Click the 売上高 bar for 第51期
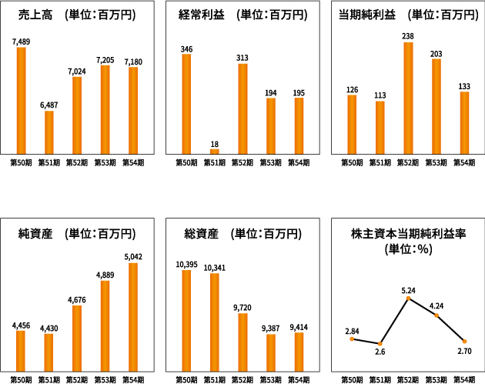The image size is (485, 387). (x=49, y=132)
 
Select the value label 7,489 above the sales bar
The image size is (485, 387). (x=21, y=41)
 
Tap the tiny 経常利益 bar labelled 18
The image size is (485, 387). (x=215, y=152)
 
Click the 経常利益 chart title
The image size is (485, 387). (x=242, y=15)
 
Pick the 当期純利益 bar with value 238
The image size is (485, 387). (x=408, y=98)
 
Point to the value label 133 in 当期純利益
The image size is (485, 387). (x=464, y=85)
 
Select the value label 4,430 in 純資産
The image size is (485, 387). (x=48, y=327)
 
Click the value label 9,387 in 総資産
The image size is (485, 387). (x=271, y=328)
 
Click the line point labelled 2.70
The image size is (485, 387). (x=464, y=341)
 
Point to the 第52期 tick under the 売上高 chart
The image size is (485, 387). (x=77, y=162)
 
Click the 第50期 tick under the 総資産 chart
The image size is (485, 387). (x=186, y=379)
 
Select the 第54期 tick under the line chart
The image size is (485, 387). (x=464, y=379)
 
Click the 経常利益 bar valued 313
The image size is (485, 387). (x=242, y=108)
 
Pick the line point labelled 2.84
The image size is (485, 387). (x=352, y=339)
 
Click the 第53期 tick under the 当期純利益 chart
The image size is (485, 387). (x=436, y=162)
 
